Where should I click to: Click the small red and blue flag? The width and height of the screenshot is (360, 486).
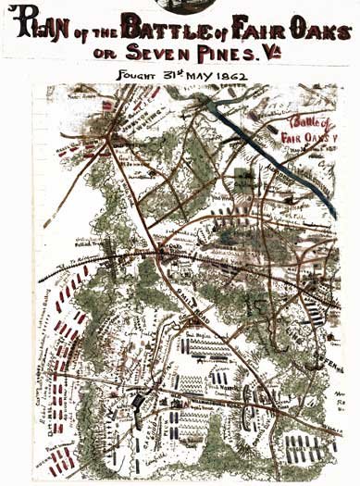coord(106,106)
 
